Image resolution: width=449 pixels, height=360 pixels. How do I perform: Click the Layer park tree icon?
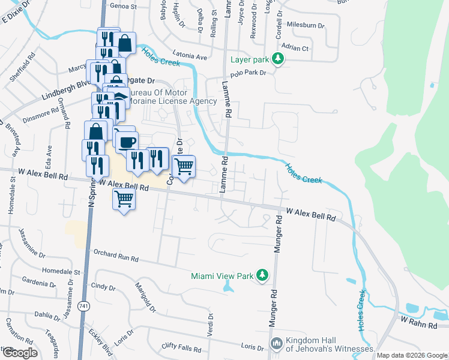[x=277, y=59]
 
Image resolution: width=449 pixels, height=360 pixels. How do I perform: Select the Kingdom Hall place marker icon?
[x=277, y=344]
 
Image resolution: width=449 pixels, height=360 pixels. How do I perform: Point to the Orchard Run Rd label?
[x=114, y=257]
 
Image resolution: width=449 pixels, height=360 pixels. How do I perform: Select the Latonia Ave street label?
[x=189, y=57]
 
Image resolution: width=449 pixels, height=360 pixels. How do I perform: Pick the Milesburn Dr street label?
[x=306, y=26]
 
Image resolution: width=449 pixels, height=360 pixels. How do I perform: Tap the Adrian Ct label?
[x=297, y=48]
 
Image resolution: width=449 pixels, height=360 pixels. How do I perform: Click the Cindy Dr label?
[x=103, y=287]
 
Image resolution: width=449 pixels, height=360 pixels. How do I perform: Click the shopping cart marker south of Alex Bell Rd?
[x=124, y=198]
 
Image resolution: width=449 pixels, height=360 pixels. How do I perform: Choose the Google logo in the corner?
[x=19, y=353]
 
